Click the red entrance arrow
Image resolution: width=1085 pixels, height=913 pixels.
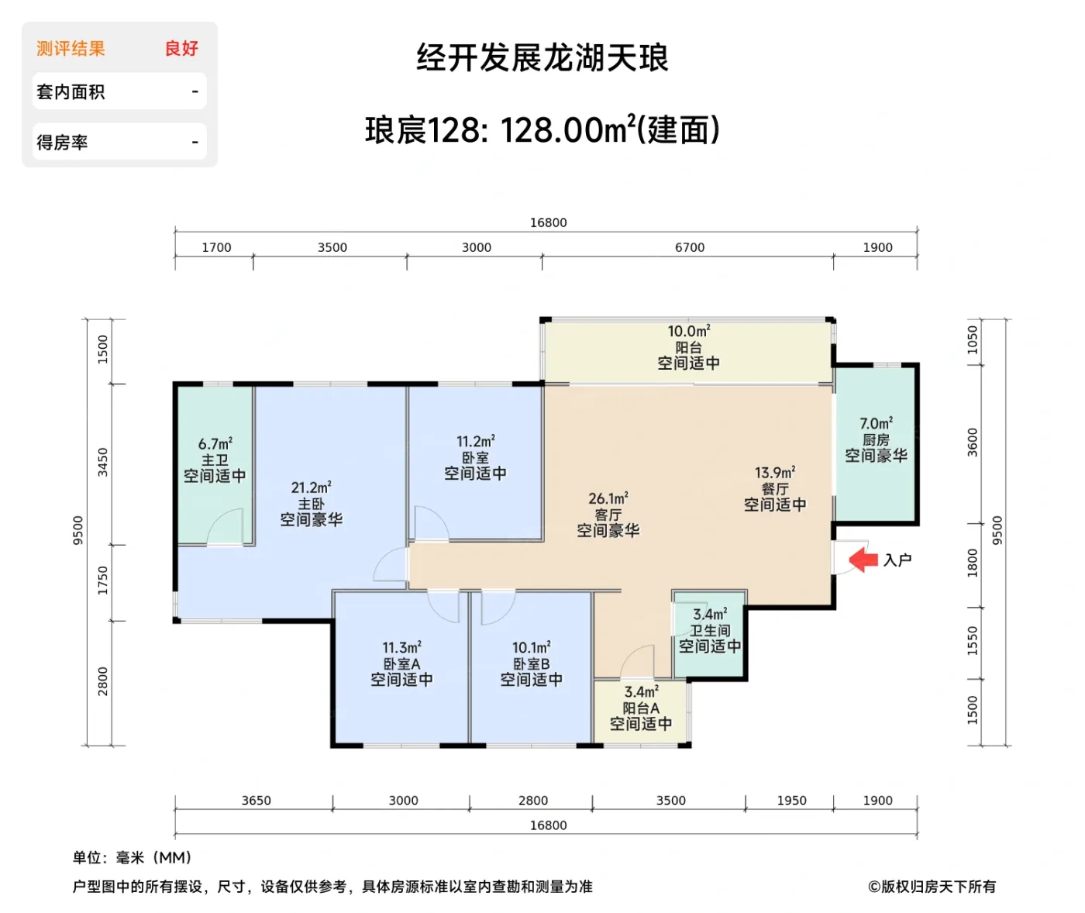(863, 560)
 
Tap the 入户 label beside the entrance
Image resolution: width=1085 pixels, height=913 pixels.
(897, 560)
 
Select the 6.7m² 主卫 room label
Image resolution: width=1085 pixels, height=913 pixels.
(215, 460)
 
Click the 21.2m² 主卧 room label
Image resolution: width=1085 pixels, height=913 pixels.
(311, 504)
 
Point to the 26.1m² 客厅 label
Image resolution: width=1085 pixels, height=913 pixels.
(608, 515)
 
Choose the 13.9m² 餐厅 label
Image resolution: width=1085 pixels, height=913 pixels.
(775, 488)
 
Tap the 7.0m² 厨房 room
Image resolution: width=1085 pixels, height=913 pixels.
(876, 439)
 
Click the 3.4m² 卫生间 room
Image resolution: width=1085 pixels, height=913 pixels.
(710, 630)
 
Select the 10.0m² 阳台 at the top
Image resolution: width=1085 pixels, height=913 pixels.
(688, 347)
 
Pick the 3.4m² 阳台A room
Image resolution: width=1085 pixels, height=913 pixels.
(641, 708)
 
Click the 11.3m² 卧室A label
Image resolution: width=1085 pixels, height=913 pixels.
(401, 663)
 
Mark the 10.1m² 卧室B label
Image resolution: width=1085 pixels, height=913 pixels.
(532, 663)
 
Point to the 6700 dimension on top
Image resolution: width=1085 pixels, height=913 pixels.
(690, 247)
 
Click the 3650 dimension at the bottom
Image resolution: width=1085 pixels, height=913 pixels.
(256, 801)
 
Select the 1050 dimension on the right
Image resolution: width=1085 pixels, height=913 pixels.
(973, 339)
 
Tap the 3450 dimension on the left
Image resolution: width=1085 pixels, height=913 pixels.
(102, 462)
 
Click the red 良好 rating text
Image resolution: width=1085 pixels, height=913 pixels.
(181, 48)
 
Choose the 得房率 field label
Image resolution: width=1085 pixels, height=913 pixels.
(62, 143)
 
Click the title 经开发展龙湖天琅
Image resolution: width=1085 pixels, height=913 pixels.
(542, 58)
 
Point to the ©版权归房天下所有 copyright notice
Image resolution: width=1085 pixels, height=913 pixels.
(932, 886)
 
